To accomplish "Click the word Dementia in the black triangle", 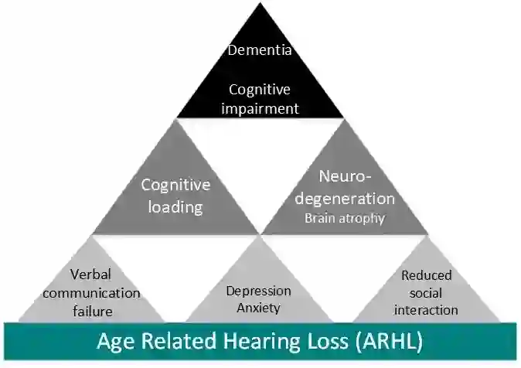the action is (x=260, y=51).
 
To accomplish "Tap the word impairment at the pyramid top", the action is (x=260, y=108).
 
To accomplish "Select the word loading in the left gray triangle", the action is (x=175, y=206).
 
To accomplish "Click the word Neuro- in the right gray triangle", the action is (x=345, y=175).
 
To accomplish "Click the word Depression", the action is (x=258, y=291).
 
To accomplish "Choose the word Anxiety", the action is (x=258, y=308).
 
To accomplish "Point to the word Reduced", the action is (x=426, y=274).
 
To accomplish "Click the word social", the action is (x=426, y=292).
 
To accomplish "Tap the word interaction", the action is (x=426, y=310).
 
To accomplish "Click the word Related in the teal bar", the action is (x=175, y=341).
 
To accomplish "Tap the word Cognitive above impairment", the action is (x=260, y=90).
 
